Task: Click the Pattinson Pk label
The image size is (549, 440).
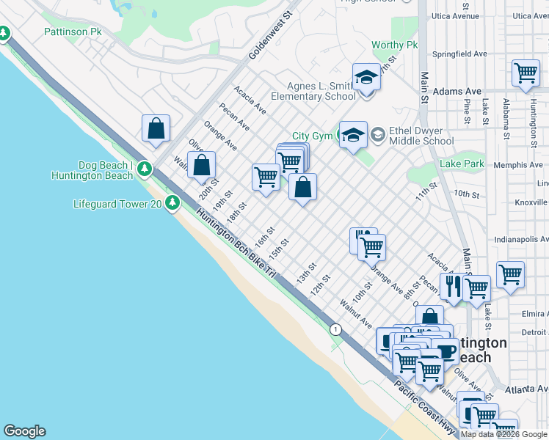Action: (72, 32)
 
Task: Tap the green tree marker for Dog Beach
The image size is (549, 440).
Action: (145, 169)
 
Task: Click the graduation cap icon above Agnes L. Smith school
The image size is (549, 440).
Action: (366, 77)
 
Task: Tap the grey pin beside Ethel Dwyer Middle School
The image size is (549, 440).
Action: (377, 134)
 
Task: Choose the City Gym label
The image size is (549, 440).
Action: (312, 136)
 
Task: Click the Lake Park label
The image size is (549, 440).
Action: (462, 164)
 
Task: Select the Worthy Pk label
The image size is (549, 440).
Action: (394, 45)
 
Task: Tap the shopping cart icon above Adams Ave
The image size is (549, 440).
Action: (526, 74)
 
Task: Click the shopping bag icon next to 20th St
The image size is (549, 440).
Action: (201, 165)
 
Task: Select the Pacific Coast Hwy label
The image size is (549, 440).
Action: (425, 404)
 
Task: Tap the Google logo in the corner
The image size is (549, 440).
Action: (24, 431)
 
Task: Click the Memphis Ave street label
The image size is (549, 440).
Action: (518, 166)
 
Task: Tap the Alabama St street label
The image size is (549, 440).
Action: (506, 120)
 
